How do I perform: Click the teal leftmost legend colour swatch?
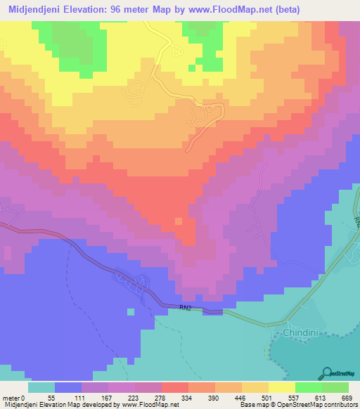click(x=41, y=387)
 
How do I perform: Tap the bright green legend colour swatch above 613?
click(x=309, y=387)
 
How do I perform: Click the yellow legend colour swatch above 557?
click(x=282, y=387)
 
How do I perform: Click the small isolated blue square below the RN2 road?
click(x=130, y=311)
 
